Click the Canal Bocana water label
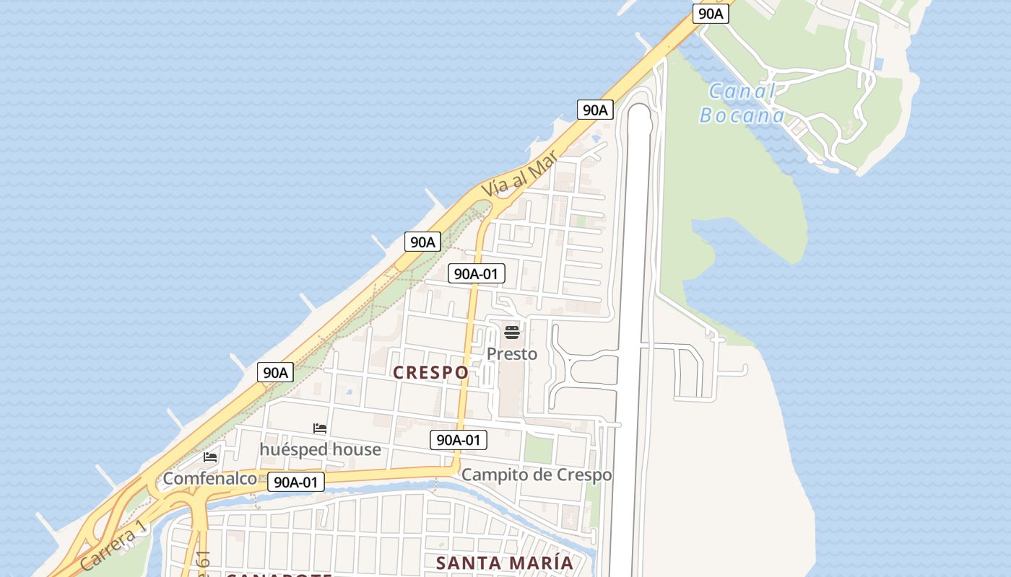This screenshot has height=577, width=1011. pyautogui.click(x=742, y=103)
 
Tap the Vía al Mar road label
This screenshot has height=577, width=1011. pyautogui.click(x=520, y=174)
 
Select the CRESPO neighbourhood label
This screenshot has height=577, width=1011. pyautogui.click(x=430, y=372)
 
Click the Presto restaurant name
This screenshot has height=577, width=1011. pyautogui.click(x=512, y=353)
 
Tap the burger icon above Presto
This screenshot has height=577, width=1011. pyautogui.click(x=512, y=332)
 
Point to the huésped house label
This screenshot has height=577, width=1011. pyautogui.click(x=320, y=449)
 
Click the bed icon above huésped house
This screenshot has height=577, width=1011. pyautogui.click(x=320, y=429)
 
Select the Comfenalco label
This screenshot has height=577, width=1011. pyautogui.click(x=209, y=478)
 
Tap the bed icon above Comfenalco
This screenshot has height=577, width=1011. pyautogui.click(x=210, y=457)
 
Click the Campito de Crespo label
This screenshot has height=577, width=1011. pyautogui.click(x=537, y=475)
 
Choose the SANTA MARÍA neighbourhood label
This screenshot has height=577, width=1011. pyautogui.click(x=505, y=563)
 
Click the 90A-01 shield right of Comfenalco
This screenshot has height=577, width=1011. pyautogui.click(x=296, y=482)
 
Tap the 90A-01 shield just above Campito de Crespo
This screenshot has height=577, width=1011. pyautogui.click(x=459, y=439)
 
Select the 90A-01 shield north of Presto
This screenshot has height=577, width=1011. pyautogui.click(x=477, y=273)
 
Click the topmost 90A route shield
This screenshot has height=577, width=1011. pyautogui.click(x=711, y=13)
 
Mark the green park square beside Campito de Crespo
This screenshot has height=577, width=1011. pyautogui.click(x=538, y=449)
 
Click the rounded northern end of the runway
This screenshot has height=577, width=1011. pyautogui.click(x=640, y=115)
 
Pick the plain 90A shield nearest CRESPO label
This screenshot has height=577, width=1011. pyautogui.click(x=275, y=372)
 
